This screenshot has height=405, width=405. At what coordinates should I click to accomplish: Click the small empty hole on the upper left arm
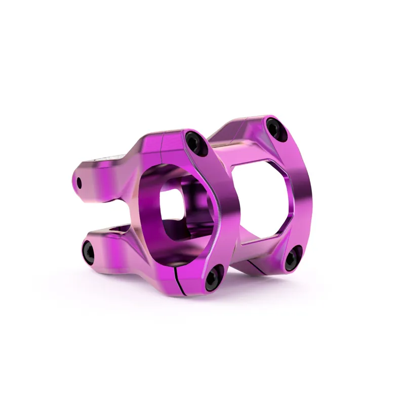[80, 182]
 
